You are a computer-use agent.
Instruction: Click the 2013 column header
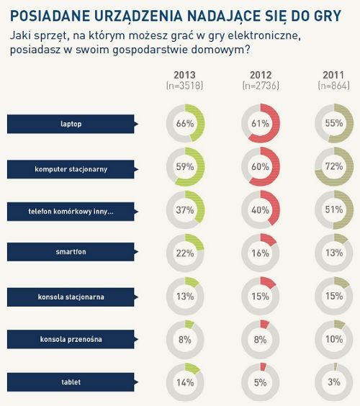tap(185, 75)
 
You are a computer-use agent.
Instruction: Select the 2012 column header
tap(260, 75)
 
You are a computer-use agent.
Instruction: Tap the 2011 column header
tap(333, 75)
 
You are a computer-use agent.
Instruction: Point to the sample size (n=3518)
tap(185, 86)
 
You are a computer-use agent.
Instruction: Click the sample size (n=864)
tap(333, 86)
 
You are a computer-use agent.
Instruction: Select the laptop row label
tap(71, 124)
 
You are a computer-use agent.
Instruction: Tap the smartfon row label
tap(71, 253)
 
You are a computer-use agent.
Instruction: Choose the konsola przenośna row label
tap(71, 338)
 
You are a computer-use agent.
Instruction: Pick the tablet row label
tap(71, 382)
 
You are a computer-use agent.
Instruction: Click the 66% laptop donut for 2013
tap(185, 124)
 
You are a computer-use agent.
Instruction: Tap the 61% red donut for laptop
tap(260, 124)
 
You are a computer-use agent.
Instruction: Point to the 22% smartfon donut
tap(185, 253)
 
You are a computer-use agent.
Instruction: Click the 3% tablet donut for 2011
tap(334, 382)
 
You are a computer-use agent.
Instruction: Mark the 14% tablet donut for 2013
tap(185, 382)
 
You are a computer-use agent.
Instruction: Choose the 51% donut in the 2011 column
tap(334, 210)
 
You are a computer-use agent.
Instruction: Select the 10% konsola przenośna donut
tap(334, 339)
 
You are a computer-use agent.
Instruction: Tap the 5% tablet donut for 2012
tap(260, 382)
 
